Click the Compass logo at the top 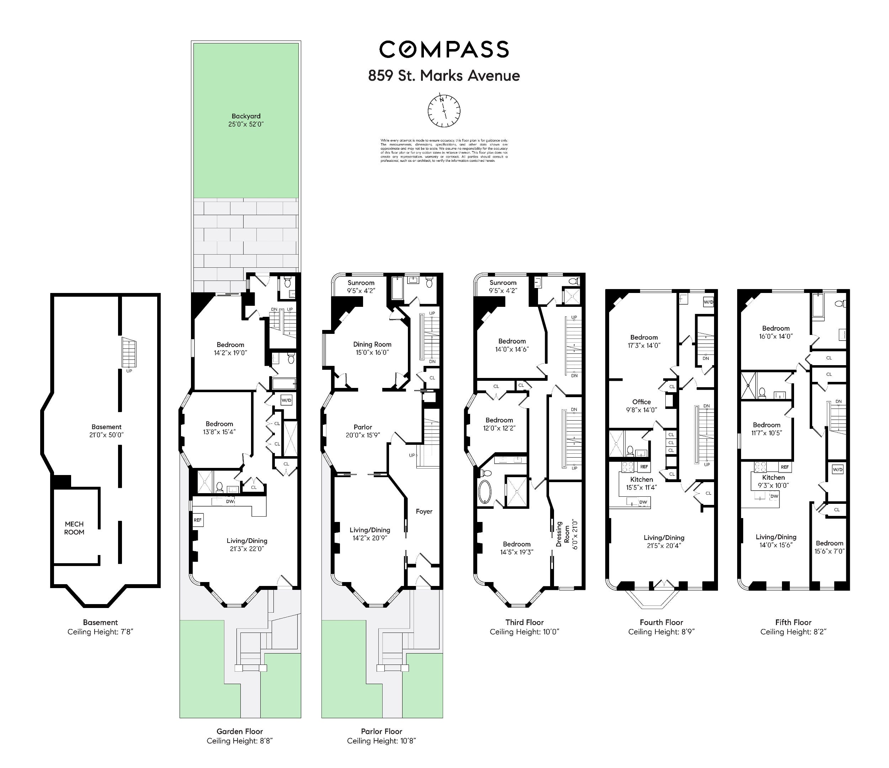444,49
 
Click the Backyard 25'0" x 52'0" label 246,120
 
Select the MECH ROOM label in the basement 74,528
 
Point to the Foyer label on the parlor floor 424,511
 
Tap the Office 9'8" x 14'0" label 641,405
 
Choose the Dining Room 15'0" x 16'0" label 372,348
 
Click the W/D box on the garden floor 286,400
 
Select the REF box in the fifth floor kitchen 784,467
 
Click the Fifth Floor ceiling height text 793,631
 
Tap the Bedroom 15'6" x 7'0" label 829,547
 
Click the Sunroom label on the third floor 503,286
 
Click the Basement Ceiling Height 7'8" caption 100,631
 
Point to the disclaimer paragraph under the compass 444,150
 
